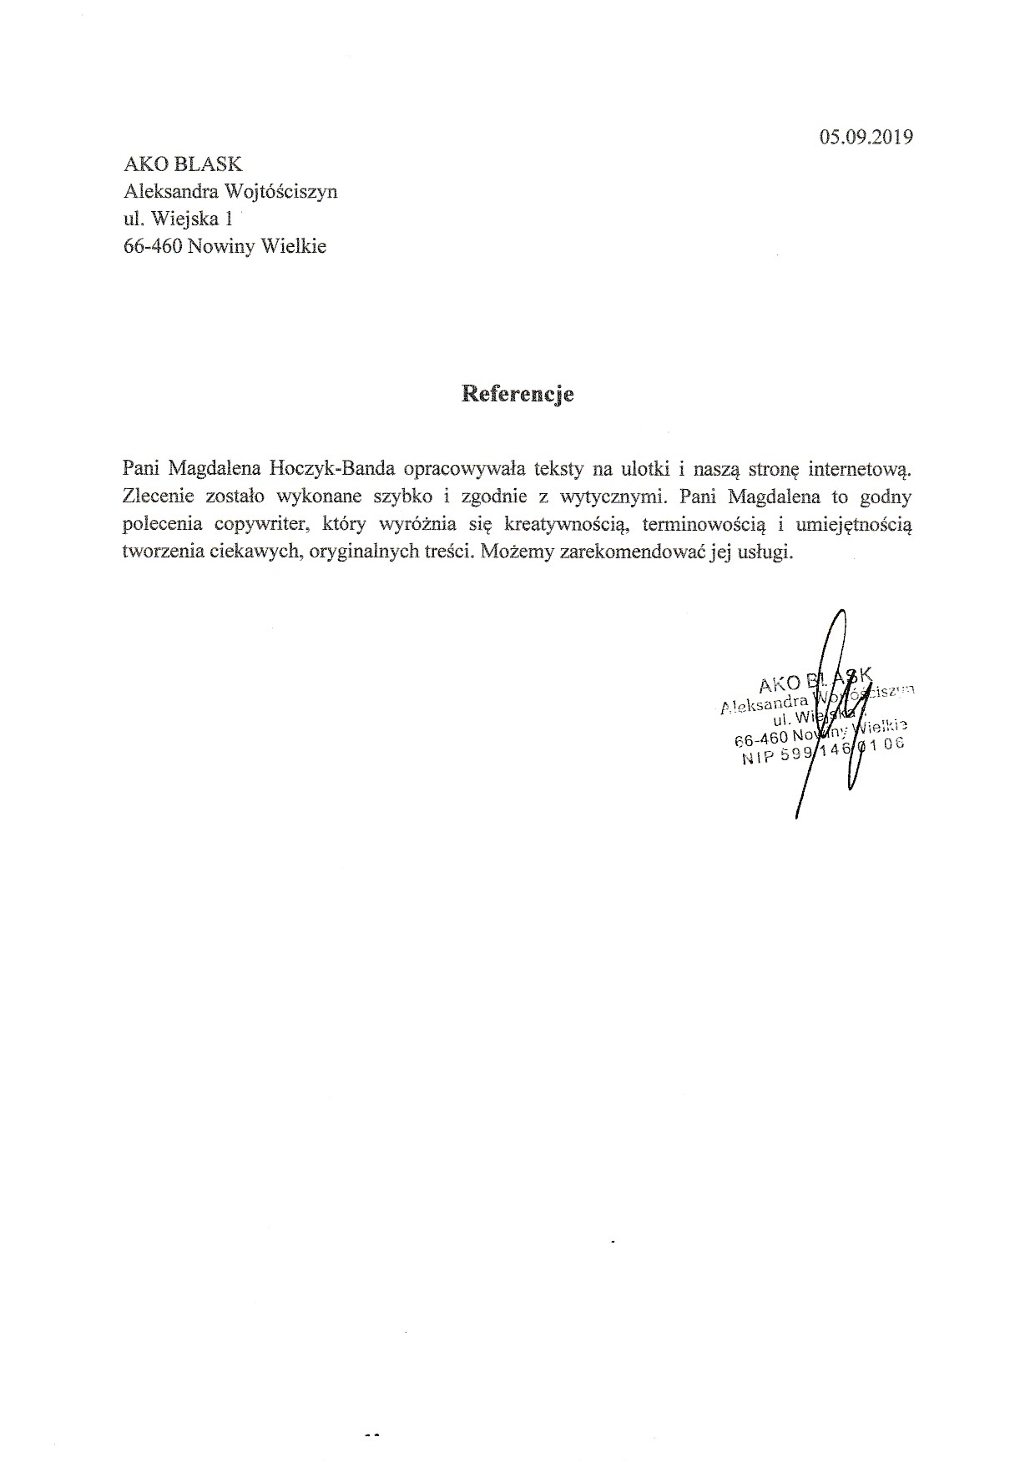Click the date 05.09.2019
click(866, 136)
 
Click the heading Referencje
click(518, 394)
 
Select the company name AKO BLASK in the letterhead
click(183, 164)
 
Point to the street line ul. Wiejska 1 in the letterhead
click(177, 219)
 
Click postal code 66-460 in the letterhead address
click(153, 247)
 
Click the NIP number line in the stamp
click(822, 751)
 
